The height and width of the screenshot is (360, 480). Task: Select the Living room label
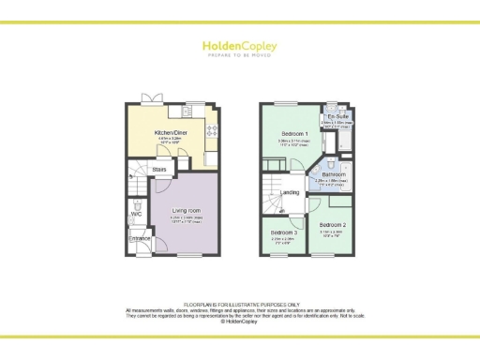(187, 211)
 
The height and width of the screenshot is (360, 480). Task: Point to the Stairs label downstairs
(158, 170)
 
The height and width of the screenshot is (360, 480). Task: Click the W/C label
(136, 214)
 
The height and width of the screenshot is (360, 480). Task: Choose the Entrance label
(139, 238)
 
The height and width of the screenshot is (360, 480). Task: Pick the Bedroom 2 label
(333, 226)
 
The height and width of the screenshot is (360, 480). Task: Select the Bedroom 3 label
(284, 232)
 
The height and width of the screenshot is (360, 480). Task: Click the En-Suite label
(337, 116)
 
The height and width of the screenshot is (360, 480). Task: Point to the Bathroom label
(335, 174)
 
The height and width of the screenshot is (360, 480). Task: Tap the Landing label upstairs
(291, 192)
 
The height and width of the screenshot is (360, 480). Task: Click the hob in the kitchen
(213, 129)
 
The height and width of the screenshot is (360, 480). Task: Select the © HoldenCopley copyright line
(240, 321)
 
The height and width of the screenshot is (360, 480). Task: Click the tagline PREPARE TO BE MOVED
(239, 54)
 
